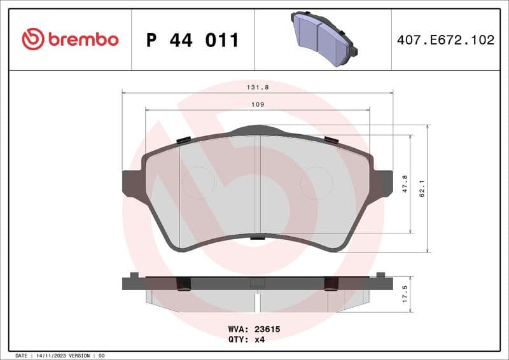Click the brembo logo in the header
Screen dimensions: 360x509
(70, 39)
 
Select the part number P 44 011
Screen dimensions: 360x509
(192, 40)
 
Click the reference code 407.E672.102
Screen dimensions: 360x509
(445, 40)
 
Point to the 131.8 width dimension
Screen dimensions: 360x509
(257, 88)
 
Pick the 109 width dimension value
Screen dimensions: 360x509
(257, 104)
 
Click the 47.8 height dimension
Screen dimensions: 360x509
(405, 184)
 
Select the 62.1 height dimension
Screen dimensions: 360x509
(422, 188)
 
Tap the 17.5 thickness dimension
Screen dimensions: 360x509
(405, 295)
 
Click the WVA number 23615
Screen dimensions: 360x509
(268, 330)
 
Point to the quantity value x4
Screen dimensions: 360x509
(260, 340)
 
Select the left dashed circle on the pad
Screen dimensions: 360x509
(198, 183)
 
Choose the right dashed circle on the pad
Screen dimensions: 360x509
(316, 183)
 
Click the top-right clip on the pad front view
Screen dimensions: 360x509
(331, 140)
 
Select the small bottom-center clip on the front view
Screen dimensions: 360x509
(257, 238)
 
